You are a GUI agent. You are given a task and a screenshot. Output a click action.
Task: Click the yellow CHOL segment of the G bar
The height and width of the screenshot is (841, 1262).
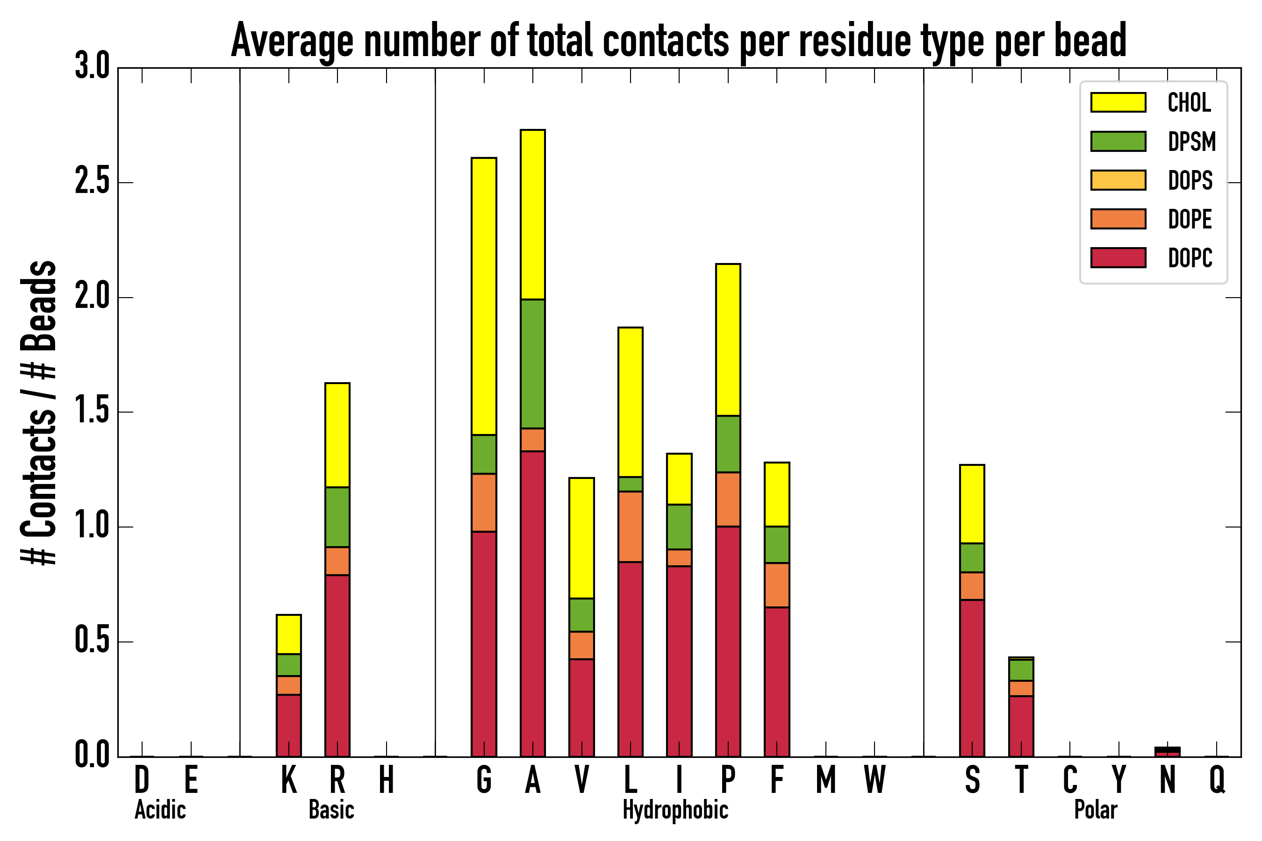tap(483, 296)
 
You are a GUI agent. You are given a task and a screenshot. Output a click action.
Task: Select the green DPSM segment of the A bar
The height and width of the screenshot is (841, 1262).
tap(532, 363)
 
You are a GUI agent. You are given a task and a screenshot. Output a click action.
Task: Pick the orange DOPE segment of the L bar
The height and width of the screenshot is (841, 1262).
tap(630, 527)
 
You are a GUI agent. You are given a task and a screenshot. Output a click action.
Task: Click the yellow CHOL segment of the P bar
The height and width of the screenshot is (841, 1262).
tap(728, 340)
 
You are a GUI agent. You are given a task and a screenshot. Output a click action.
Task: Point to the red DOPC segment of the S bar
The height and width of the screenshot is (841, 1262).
tap(972, 678)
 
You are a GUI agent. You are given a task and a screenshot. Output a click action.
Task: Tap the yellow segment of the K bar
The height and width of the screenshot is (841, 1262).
tap(289, 634)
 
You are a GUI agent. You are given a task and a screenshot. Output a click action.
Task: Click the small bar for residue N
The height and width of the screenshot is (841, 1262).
tap(1167, 752)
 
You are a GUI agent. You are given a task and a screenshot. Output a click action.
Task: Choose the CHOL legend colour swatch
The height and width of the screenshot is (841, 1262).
tap(1118, 102)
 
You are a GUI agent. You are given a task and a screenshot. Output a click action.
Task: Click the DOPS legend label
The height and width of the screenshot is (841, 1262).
tap(1190, 180)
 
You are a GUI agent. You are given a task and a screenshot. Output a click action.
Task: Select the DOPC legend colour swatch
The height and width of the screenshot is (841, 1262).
tap(1118, 257)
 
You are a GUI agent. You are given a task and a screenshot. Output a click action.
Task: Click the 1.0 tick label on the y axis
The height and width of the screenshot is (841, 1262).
tap(92, 527)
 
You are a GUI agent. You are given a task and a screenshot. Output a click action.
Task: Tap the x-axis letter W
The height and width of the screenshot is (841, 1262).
tap(875, 780)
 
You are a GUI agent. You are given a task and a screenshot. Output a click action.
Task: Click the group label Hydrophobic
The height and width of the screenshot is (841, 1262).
tap(675, 810)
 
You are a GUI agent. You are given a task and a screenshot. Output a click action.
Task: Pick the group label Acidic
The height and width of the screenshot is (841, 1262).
tap(160, 810)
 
